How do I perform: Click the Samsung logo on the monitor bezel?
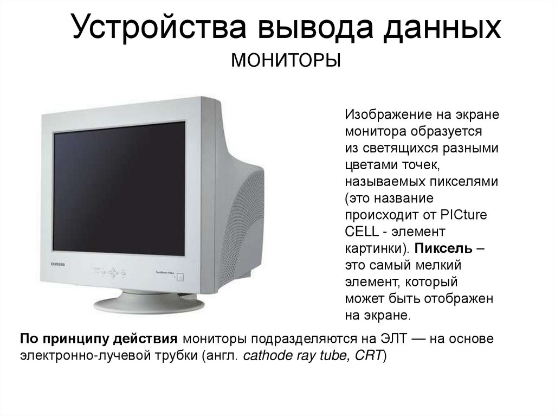pyautogui.click(x=57, y=263)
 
